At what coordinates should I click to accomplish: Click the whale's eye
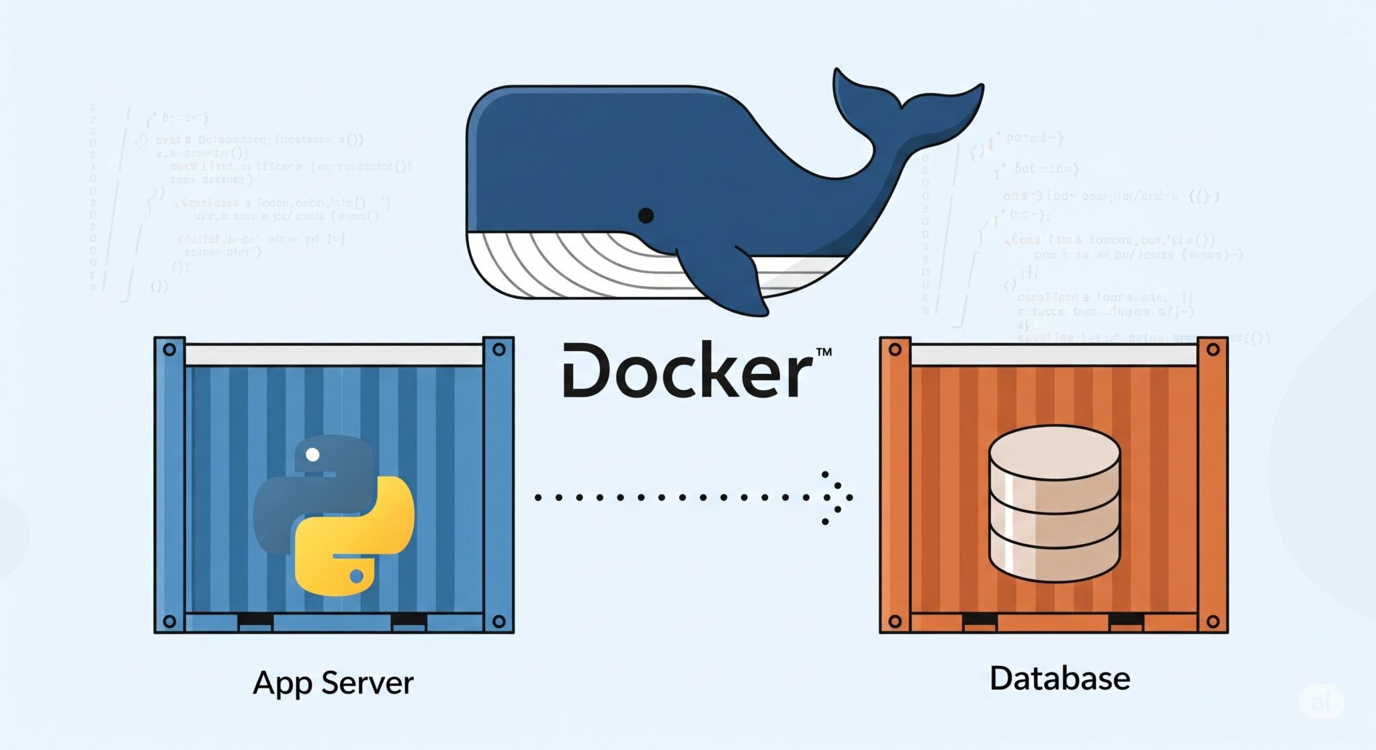[646, 216]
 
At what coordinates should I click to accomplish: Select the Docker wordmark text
[687, 371]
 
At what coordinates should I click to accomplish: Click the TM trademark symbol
[823, 352]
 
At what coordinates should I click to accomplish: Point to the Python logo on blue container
[334, 515]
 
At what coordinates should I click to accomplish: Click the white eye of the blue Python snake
[312, 455]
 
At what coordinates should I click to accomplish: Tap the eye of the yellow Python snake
[357, 576]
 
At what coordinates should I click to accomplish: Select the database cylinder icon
[1054, 504]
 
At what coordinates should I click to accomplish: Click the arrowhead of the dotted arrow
[840, 498]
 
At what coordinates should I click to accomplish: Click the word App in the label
[282, 684]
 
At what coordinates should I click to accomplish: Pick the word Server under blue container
[368, 683]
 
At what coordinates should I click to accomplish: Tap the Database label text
[1060, 678]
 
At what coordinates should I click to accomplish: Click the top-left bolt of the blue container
[169, 349]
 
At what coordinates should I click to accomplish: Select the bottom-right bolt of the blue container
[499, 621]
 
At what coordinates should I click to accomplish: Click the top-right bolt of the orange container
[1213, 349]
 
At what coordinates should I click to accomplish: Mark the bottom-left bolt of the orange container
[895, 621]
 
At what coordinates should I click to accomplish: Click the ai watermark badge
[1321, 702]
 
